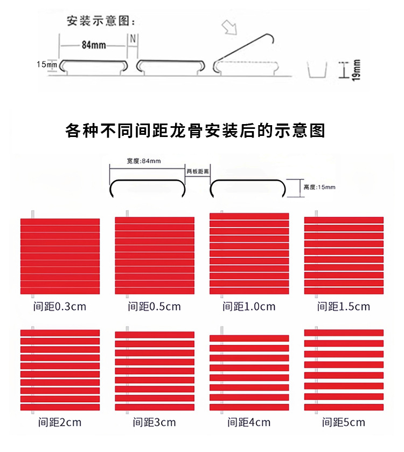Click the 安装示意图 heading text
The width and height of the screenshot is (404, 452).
point(101,22)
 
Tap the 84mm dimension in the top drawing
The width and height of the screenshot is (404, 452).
point(93,45)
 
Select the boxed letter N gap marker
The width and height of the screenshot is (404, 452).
point(133,39)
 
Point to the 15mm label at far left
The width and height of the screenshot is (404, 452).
point(47,65)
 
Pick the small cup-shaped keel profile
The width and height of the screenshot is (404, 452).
point(317,70)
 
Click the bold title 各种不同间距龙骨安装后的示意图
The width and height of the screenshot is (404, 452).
point(195,131)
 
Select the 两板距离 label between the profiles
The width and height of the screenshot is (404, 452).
point(198,171)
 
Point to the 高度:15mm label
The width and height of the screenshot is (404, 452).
point(319,187)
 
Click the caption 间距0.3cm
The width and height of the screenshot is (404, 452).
point(59,307)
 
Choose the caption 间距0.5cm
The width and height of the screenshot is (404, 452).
point(154,307)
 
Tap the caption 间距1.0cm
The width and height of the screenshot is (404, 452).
point(249,307)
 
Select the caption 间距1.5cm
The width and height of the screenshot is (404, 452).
point(344,307)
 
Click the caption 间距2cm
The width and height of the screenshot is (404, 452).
point(59,422)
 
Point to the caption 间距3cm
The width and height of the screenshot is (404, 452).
point(154,422)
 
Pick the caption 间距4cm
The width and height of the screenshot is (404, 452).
point(249,422)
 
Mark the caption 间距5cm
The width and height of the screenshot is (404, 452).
point(344,422)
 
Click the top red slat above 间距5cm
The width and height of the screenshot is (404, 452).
point(344,333)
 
